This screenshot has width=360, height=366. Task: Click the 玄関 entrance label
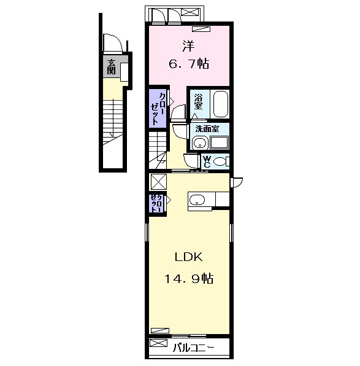click(x=111, y=67)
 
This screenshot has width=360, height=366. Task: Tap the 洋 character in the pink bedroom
click(x=188, y=46)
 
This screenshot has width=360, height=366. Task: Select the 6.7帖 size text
click(x=189, y=63)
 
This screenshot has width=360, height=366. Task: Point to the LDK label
click(x=189, y=257)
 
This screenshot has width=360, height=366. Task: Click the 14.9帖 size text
click(x=189, y=278)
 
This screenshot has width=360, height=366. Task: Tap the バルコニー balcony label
click(x=193, y=348)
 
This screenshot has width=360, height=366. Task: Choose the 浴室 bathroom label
click(x=198, y=102)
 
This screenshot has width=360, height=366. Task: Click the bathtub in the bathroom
click(x=220, y=104)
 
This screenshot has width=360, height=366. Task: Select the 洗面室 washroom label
click(x=207, y=128)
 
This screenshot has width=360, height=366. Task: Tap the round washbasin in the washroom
click(x=199, y=142)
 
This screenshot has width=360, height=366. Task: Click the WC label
click(x=207, y=162)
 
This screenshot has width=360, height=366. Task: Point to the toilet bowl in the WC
click(x=220, y=162)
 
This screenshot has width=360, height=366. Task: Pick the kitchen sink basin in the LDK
click(x=197, y=200)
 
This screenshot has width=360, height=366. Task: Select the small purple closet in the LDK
click(x=156, y=203)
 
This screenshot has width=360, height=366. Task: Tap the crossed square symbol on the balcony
click(x=159, y=343)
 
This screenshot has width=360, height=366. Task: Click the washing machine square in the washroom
click(x=219, y=142)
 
